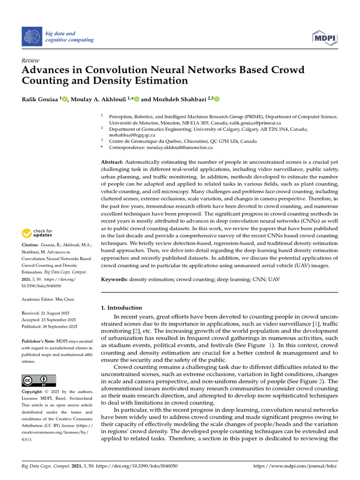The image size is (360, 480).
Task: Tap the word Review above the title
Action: (30, 60)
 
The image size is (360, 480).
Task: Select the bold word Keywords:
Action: (115, 279)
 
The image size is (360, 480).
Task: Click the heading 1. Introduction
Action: (121, 307)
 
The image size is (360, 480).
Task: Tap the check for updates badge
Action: (37, 232)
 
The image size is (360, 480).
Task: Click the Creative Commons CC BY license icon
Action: (38, 380)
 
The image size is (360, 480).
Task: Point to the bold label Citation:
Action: (31, 245)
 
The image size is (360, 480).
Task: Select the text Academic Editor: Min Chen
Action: (48, 299)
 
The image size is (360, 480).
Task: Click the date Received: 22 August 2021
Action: (49, 313)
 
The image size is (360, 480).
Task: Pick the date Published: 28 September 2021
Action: (50, 326)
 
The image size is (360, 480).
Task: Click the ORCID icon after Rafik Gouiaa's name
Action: (64, 99)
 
